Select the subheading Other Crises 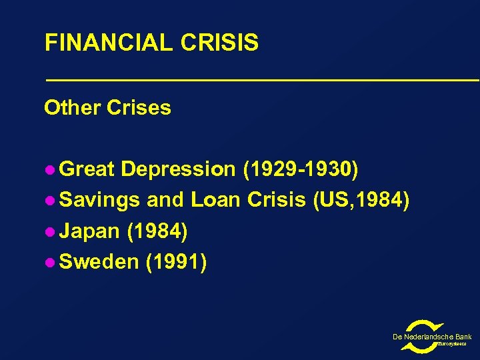pyautogui.click(x=107, y=107)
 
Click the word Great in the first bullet pyautogui.click(x=87, y=170)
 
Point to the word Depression pyautogui.click(x=178, y=170)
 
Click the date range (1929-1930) pyautogui.click(x=301, y=170)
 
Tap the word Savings pyautogui.click(x=99, y=201)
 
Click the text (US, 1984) pyautogui.click(x=361, y=201)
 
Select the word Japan pyautogui.click(x=90, y=231)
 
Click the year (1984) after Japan pyautogui.click(x=157, y=231)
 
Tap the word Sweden pyautogui.click(x=98, y=262)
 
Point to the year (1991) pyautogui.click(x=175, y=262)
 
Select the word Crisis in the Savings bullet pyautogui.click(x=277, y=201)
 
